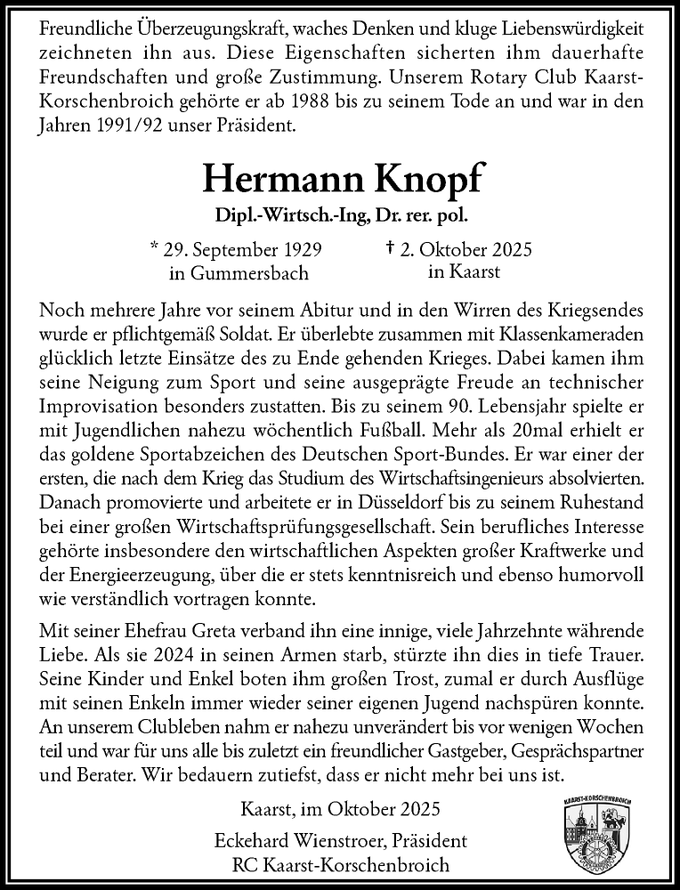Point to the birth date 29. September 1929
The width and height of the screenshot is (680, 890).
pos(243,250)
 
